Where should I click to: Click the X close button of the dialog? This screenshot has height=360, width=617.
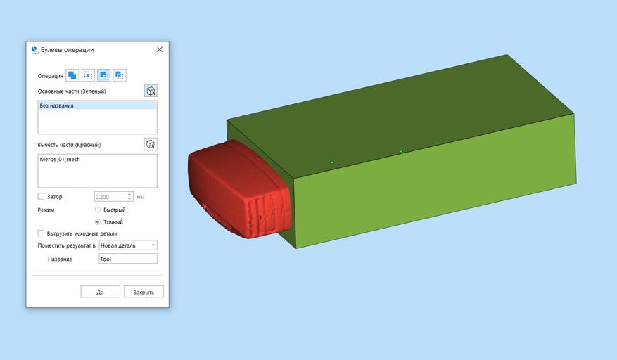click(160, 49)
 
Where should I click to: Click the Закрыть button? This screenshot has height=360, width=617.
click(144, 292)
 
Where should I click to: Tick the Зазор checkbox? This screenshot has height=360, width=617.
click(41, 196)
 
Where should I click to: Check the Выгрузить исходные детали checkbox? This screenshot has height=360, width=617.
click(41, 233)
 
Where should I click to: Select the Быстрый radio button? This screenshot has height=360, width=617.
click(98, 210)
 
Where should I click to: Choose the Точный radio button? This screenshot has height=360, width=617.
click(98, 222)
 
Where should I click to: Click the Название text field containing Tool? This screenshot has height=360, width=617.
click(128, 259)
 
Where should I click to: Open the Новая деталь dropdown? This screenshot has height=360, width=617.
click(128, 245)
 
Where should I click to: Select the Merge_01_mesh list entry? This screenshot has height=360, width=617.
click(60, 160)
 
